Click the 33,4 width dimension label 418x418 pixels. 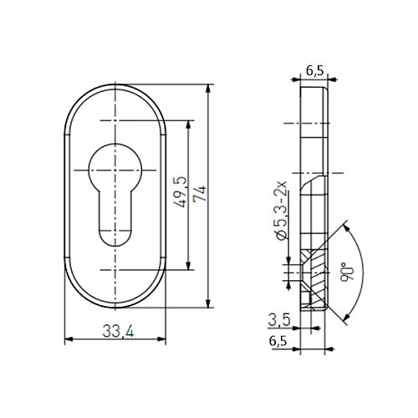click(118, 331)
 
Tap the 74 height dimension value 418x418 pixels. click(200, 194)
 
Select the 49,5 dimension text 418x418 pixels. click(180, 192)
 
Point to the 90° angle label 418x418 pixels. click(347, 272)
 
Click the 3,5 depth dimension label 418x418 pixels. click(279, 319)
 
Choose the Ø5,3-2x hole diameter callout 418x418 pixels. click(281, 211)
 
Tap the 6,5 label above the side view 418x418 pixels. click(315, 71)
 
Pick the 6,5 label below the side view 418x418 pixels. click(278, 341)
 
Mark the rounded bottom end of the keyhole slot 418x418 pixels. click(115, 238)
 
